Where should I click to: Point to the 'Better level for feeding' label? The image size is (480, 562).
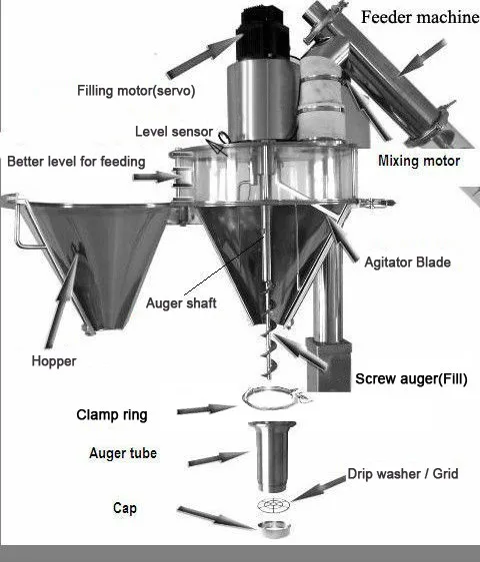(75, 162)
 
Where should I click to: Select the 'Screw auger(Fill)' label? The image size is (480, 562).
(411, 379)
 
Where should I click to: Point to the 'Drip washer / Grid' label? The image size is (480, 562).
(402, 474)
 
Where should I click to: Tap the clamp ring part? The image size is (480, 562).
(271, 400)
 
